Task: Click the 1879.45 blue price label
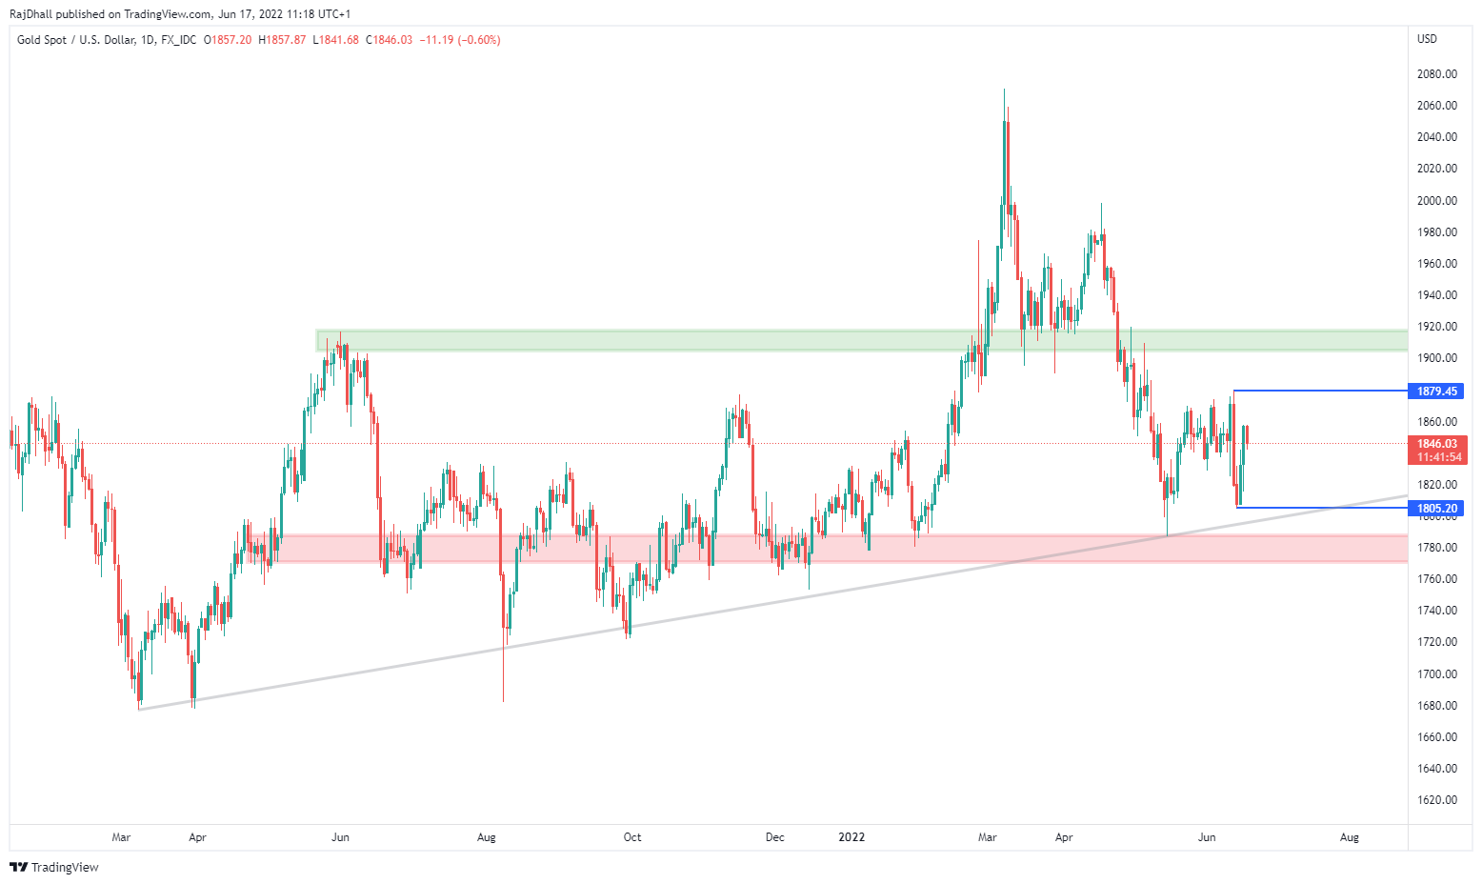point(1436,392)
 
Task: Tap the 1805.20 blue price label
point(1436,509)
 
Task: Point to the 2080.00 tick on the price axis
point(1436,74)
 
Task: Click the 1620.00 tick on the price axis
point(1436,800)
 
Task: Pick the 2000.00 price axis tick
point(1436,201)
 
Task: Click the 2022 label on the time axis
point(851,837)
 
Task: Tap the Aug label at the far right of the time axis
point(1350,837)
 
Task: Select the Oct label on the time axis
point(632,837)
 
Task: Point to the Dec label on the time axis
point(775,837)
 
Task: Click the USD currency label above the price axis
point(1427,39)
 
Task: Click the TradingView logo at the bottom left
point(54,867)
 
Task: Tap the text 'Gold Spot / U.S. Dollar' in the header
point(75,40)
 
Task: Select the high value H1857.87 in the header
point(282,40)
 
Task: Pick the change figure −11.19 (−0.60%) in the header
point(462,40)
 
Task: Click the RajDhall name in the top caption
point(30,14)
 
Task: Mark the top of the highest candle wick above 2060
point(1004,90)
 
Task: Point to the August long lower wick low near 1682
point(503,702)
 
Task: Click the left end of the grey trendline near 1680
point(139,709)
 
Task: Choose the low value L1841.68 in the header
point(336,40)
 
